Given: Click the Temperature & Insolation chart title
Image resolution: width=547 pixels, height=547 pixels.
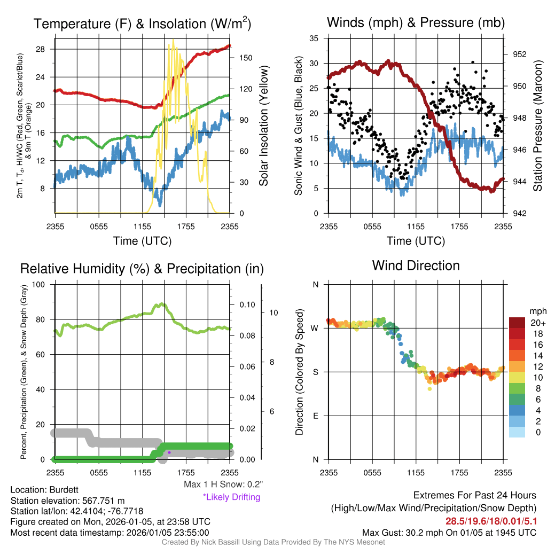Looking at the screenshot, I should click(x=142, y=24).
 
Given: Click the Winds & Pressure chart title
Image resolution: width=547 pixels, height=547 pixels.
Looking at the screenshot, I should click(x=416, y=22).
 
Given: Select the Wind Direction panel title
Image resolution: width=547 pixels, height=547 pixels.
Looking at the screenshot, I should click(x=416, y=265).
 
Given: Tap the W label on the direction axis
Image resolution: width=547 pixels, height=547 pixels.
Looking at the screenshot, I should click(x=315, y=328).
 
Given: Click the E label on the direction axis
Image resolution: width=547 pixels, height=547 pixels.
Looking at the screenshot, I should click(x=316, y=416).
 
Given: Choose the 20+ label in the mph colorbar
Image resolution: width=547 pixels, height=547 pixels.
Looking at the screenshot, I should click(x=537, y=323).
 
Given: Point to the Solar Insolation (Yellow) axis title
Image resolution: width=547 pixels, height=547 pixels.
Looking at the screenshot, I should click(x=264, y=126).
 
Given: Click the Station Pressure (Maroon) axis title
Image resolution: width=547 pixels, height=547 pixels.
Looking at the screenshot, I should click(x=537, y=126).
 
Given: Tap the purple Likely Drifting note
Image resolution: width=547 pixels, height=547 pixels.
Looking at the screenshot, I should click(x=231, y=497).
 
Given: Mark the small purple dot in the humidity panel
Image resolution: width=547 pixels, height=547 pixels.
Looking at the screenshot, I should click(x=169, y=452).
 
